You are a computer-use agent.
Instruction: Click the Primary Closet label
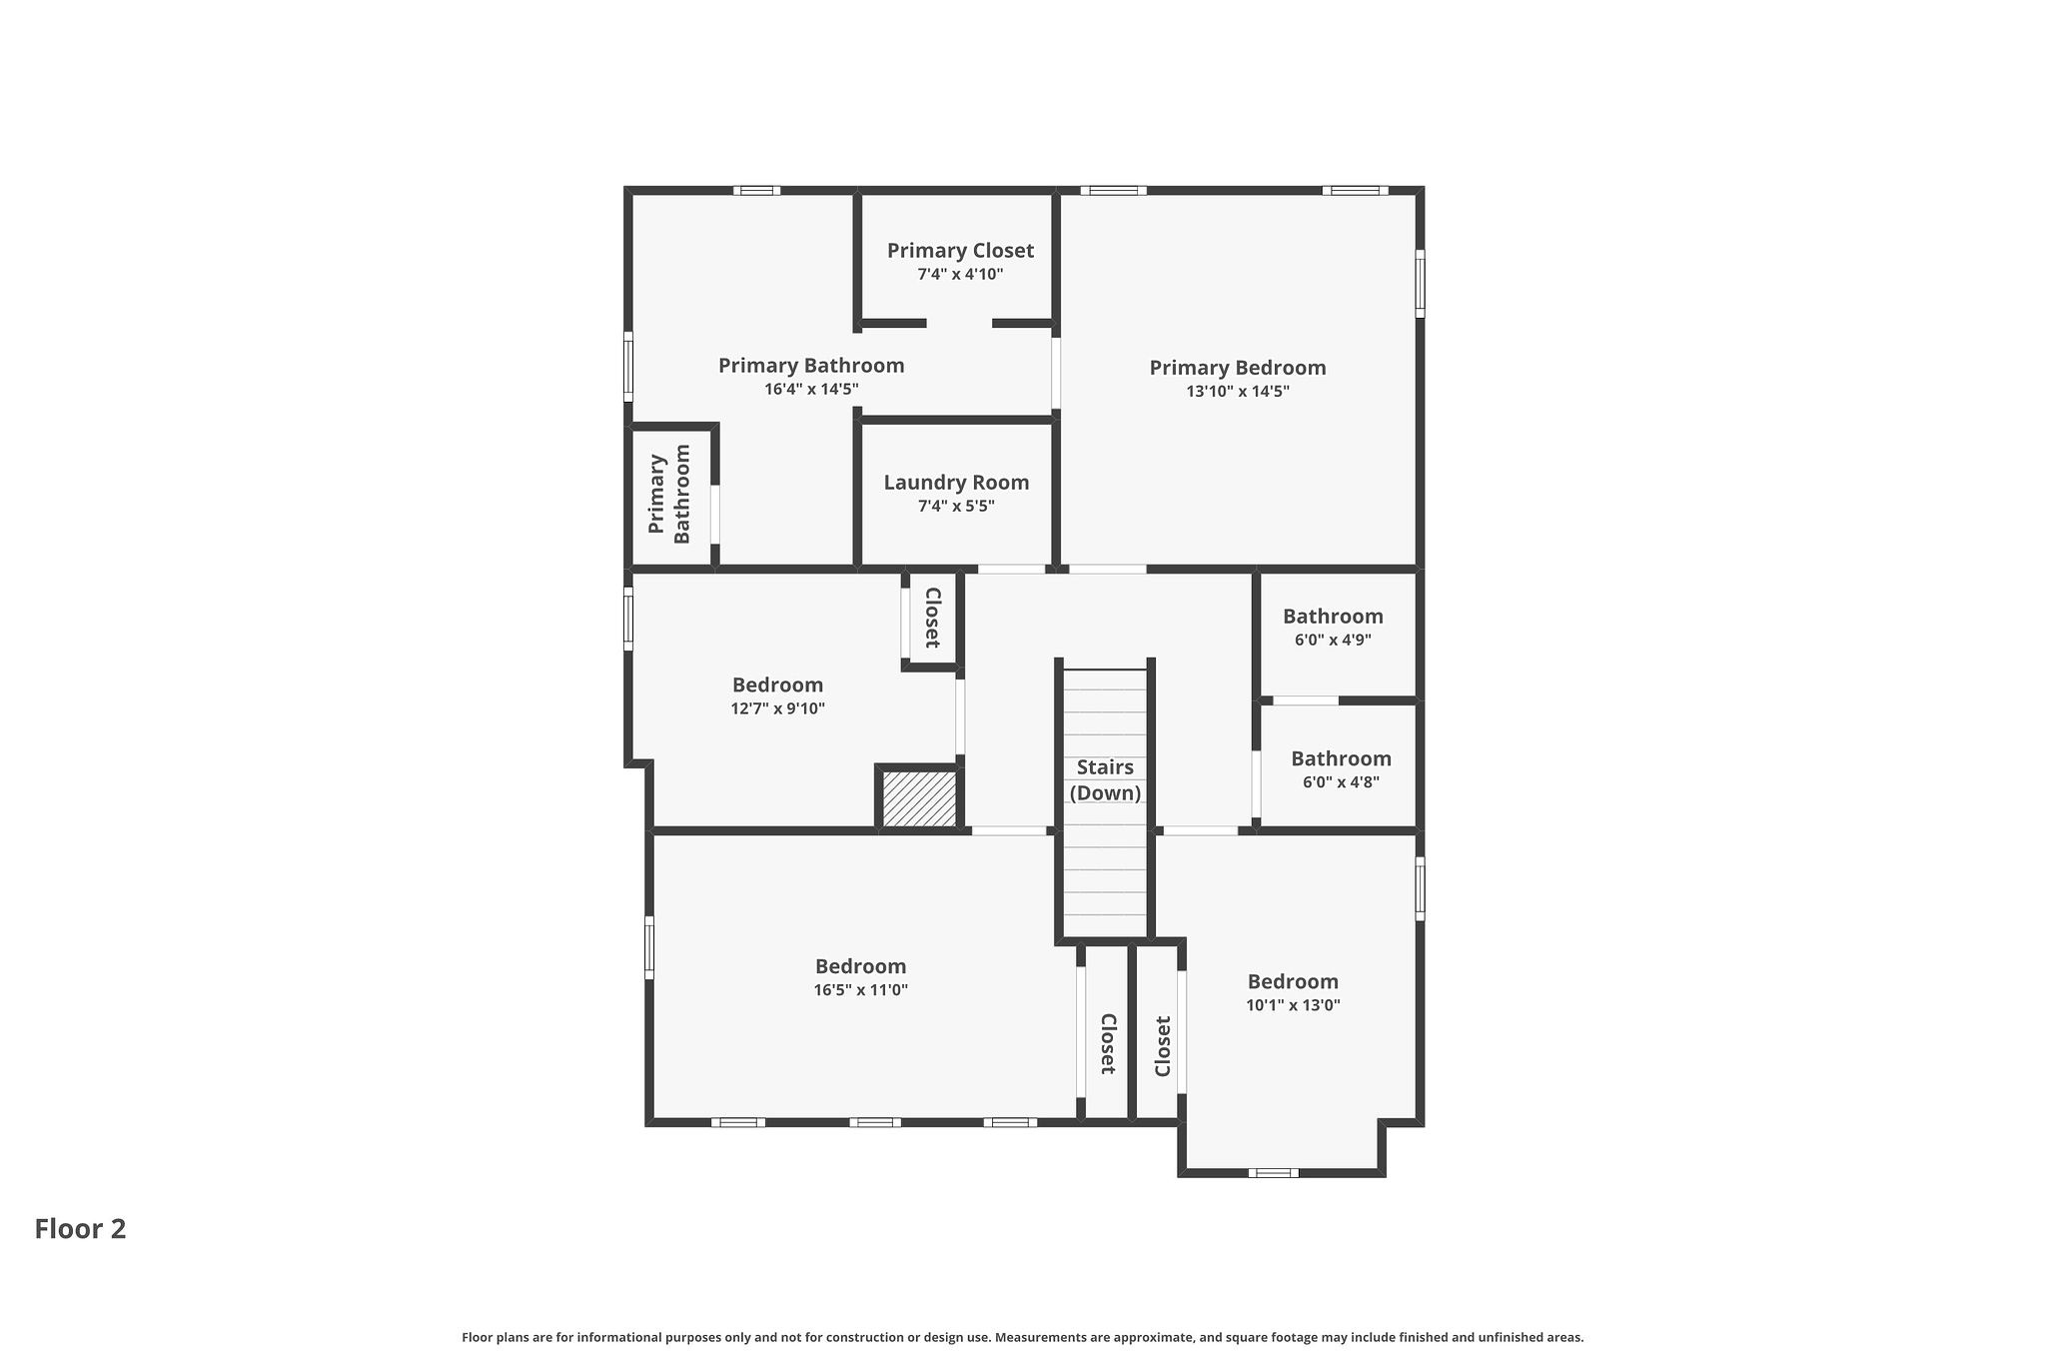[x=960, y=251]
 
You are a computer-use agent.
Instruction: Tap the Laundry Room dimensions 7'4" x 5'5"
[x=956, y=507]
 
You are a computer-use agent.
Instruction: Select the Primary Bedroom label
[x=1237, y=368]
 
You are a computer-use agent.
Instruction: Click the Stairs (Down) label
[x=1105, y=780]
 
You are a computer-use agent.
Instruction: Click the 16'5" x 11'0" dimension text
[x=860, y=990]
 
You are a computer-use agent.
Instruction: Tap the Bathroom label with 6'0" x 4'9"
[x=1333, y=617]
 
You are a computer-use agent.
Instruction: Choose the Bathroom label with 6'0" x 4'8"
[x=1341, y=758]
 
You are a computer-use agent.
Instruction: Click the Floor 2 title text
[x=80, y=1229]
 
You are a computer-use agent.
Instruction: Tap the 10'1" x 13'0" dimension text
[x=1293, y=1005]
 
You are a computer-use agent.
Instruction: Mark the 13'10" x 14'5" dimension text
[x=1237, y=392]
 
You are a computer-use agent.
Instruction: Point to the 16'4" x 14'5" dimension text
[x=811, y=390]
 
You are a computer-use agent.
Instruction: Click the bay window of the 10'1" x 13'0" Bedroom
[x=1273, y=1172]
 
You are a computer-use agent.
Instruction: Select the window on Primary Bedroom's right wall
[x=1420, y=284]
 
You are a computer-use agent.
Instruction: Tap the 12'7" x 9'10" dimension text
[x=777, y=709]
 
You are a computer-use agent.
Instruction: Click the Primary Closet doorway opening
[x=959, y=324]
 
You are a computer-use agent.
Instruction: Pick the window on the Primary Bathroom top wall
[x=756, y=190]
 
